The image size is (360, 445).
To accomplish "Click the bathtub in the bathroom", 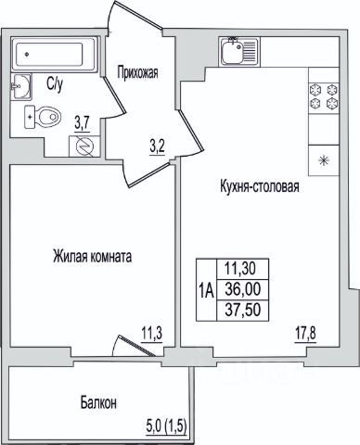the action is [55, 55].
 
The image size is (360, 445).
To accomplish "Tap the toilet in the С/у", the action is [43, 117].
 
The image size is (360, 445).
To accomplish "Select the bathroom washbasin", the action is [21, 86].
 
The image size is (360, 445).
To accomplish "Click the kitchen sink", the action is [239, 52].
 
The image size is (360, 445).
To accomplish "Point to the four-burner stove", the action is [324, 96].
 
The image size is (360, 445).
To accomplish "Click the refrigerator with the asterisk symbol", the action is [324, 160].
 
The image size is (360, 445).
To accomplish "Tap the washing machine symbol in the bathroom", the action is [84, 146].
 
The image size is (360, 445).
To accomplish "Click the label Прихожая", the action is [137, 73].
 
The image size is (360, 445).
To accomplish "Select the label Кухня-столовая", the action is [260, 186].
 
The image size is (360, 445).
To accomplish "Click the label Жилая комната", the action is [93, 257].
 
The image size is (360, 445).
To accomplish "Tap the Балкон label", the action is [98, 403].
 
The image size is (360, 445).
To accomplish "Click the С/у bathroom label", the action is [55, 83].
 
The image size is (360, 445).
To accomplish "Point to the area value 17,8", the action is [305, 334].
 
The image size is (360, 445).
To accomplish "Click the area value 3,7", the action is [82, 124].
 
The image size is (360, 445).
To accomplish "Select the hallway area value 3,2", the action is [158, 147].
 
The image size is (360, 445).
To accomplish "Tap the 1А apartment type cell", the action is [206, 290].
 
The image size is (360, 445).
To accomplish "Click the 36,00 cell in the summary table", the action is [243, 289].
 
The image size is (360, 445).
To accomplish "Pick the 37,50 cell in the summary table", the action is [243, 310].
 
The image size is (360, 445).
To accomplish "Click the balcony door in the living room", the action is [134, 346].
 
